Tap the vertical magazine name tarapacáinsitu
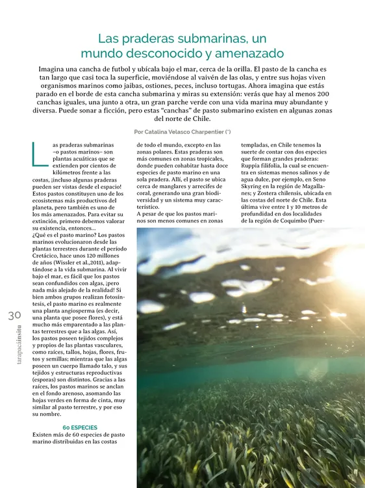(14, 352)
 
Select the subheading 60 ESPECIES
(81, 427)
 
